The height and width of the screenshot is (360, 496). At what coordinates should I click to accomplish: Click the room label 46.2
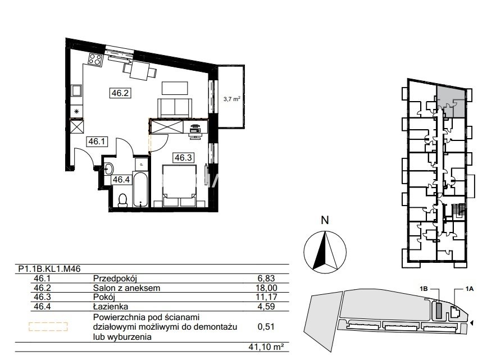click(120, 93)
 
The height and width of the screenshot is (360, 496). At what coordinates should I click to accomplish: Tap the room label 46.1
click(97, 141)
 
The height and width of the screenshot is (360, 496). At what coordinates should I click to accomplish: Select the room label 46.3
click(183, 157)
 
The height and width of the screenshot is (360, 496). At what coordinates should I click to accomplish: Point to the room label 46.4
click(121, 180)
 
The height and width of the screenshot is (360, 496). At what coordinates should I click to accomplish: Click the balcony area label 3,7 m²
click(232, 99)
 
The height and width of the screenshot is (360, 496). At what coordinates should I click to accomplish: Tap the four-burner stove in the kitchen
click(95, 59)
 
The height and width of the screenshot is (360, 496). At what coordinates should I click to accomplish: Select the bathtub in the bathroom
click(140, 189)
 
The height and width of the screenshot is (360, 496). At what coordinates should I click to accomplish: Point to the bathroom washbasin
click(108, 169)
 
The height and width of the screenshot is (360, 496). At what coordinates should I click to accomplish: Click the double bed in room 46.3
click(179, 186)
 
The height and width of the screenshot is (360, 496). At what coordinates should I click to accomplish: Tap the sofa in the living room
click(175, 108)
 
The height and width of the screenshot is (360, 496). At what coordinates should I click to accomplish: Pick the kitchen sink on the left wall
click(76, 91)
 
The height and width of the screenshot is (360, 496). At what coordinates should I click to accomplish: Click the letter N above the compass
click(325, 220)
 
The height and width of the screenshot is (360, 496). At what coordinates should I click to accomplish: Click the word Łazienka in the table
click(111, 306)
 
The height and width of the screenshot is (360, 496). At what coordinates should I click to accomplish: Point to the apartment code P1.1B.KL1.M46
click(49, 269)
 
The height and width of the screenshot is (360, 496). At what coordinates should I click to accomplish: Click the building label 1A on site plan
click(469, 289)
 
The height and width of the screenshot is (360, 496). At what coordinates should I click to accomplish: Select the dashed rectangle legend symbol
click(48, 326)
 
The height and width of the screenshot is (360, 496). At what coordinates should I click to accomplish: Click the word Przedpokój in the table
click(115, 279)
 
